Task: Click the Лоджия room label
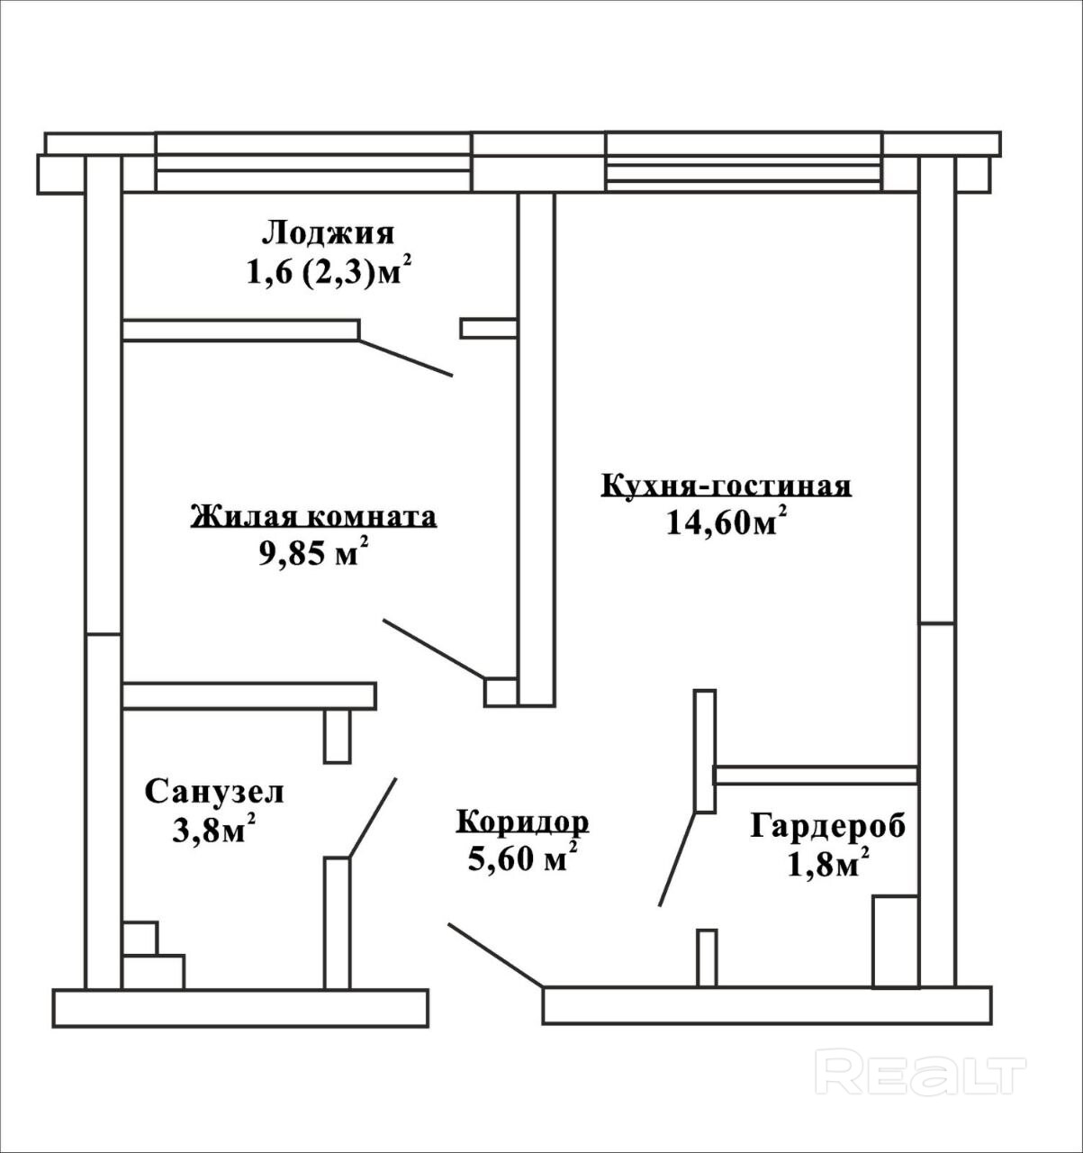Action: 328,233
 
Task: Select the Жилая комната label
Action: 313,516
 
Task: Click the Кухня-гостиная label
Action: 727,486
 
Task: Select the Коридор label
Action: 523,822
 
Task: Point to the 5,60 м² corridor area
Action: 522,857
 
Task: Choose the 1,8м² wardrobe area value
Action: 827,862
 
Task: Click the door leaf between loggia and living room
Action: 405,358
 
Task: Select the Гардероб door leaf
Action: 677,858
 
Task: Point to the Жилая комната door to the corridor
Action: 433,649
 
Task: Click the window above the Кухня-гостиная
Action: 744,161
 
